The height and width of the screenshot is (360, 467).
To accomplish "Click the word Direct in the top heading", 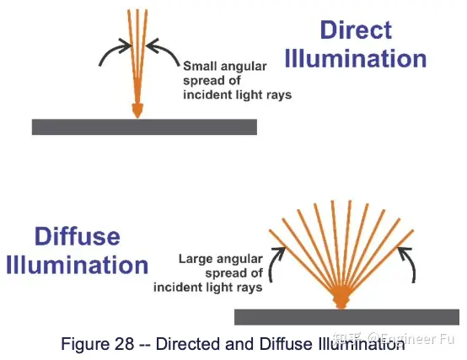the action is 356,30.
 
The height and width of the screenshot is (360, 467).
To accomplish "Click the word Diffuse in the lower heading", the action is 78,236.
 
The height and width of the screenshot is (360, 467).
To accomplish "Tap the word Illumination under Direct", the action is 356,58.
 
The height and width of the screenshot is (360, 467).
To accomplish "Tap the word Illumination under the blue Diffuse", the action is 78,265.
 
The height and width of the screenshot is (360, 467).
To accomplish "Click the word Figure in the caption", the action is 85,344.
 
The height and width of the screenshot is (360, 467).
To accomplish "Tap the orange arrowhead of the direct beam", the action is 137,110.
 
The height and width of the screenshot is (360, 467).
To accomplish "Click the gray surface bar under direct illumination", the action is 144,126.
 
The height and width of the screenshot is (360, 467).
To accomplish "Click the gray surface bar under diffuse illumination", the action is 346,317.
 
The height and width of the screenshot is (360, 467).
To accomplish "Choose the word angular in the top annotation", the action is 241,67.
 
